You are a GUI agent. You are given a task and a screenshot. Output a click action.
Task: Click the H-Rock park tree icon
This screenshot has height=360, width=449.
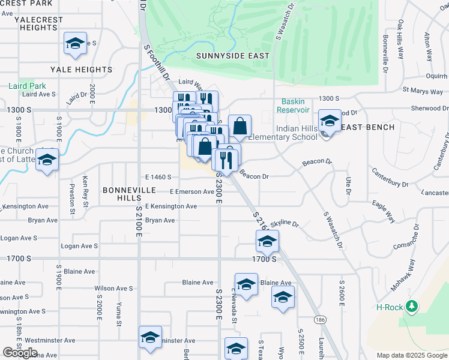pyautogui.click(x=411, y=307)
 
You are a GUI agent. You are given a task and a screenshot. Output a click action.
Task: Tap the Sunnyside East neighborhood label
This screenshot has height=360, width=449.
pyautogui.click(x=232, y=56)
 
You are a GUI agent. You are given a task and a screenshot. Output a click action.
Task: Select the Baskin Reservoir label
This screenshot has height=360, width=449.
pyautogui.click(x=293, y=106)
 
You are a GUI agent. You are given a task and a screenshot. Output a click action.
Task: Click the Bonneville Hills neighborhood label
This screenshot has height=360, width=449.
pyautogui.click(x=129, y=194)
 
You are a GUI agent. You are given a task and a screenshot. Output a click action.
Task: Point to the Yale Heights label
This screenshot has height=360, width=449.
pyautogui.click(x=81, y=70)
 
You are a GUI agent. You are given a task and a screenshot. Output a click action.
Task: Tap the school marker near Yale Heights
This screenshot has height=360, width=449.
pyautogui.click(x=76, y=44)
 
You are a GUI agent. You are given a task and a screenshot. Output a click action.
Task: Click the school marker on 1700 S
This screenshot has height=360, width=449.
pyautogui.click(x=267, y=242)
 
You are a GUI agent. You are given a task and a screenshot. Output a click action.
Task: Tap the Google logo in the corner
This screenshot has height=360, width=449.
pyautogui.click(x=20, y=353)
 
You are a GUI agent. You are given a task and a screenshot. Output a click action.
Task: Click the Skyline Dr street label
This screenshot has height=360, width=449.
pyautogui.click(x=284, y=224)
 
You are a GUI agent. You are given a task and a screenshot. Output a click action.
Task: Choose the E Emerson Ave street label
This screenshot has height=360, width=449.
pyautogui.click(x=191, y=192)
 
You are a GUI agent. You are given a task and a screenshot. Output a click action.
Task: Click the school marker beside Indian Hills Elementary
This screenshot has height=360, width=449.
pyautogui.click(x=330, y=122)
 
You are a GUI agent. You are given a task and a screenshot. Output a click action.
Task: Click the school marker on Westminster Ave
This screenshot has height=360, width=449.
pyautogui.click(x=150, y=338)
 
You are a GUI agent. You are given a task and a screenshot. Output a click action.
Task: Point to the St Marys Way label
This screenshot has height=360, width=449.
pyautogui.click(x=423, y=91)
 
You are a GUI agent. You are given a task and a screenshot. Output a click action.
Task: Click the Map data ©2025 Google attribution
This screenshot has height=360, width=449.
pyautogui.click(x=412, y=355)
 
